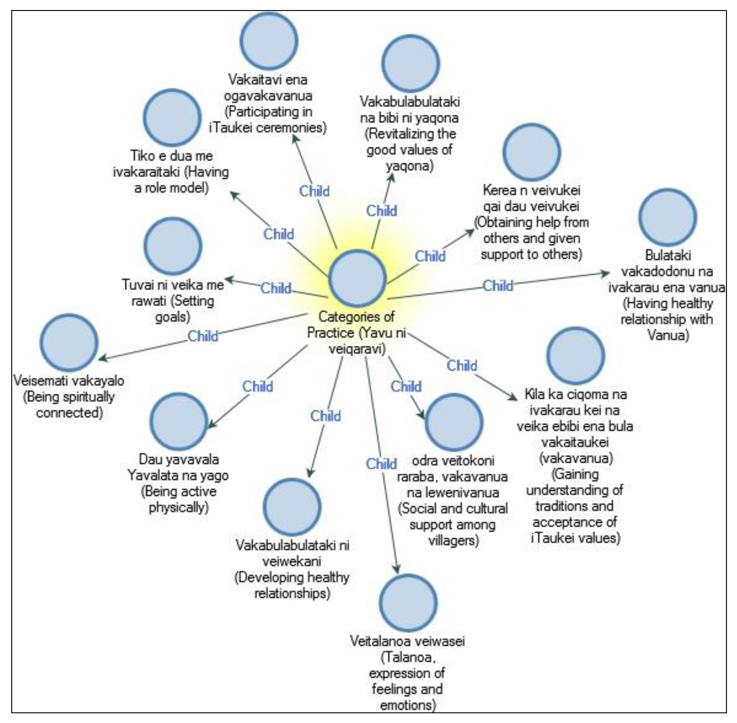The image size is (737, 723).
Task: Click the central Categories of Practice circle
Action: (357, 278)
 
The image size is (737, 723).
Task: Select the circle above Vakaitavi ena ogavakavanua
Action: (269, 41)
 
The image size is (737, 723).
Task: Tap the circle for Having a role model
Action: (172, 118)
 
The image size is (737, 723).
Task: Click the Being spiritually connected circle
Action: (69, 343)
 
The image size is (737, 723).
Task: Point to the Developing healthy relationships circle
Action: (292, 507)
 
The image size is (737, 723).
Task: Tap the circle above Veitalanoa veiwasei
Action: (408, 603)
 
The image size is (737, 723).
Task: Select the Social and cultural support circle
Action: (454, 422)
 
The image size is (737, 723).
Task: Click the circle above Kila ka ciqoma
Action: (576, 356)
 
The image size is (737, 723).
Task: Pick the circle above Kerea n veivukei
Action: (532, 152)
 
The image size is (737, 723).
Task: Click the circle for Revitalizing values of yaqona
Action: (410, 63)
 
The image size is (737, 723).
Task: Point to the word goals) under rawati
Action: (173, 317)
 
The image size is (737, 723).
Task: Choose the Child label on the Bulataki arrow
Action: (498, 285)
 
